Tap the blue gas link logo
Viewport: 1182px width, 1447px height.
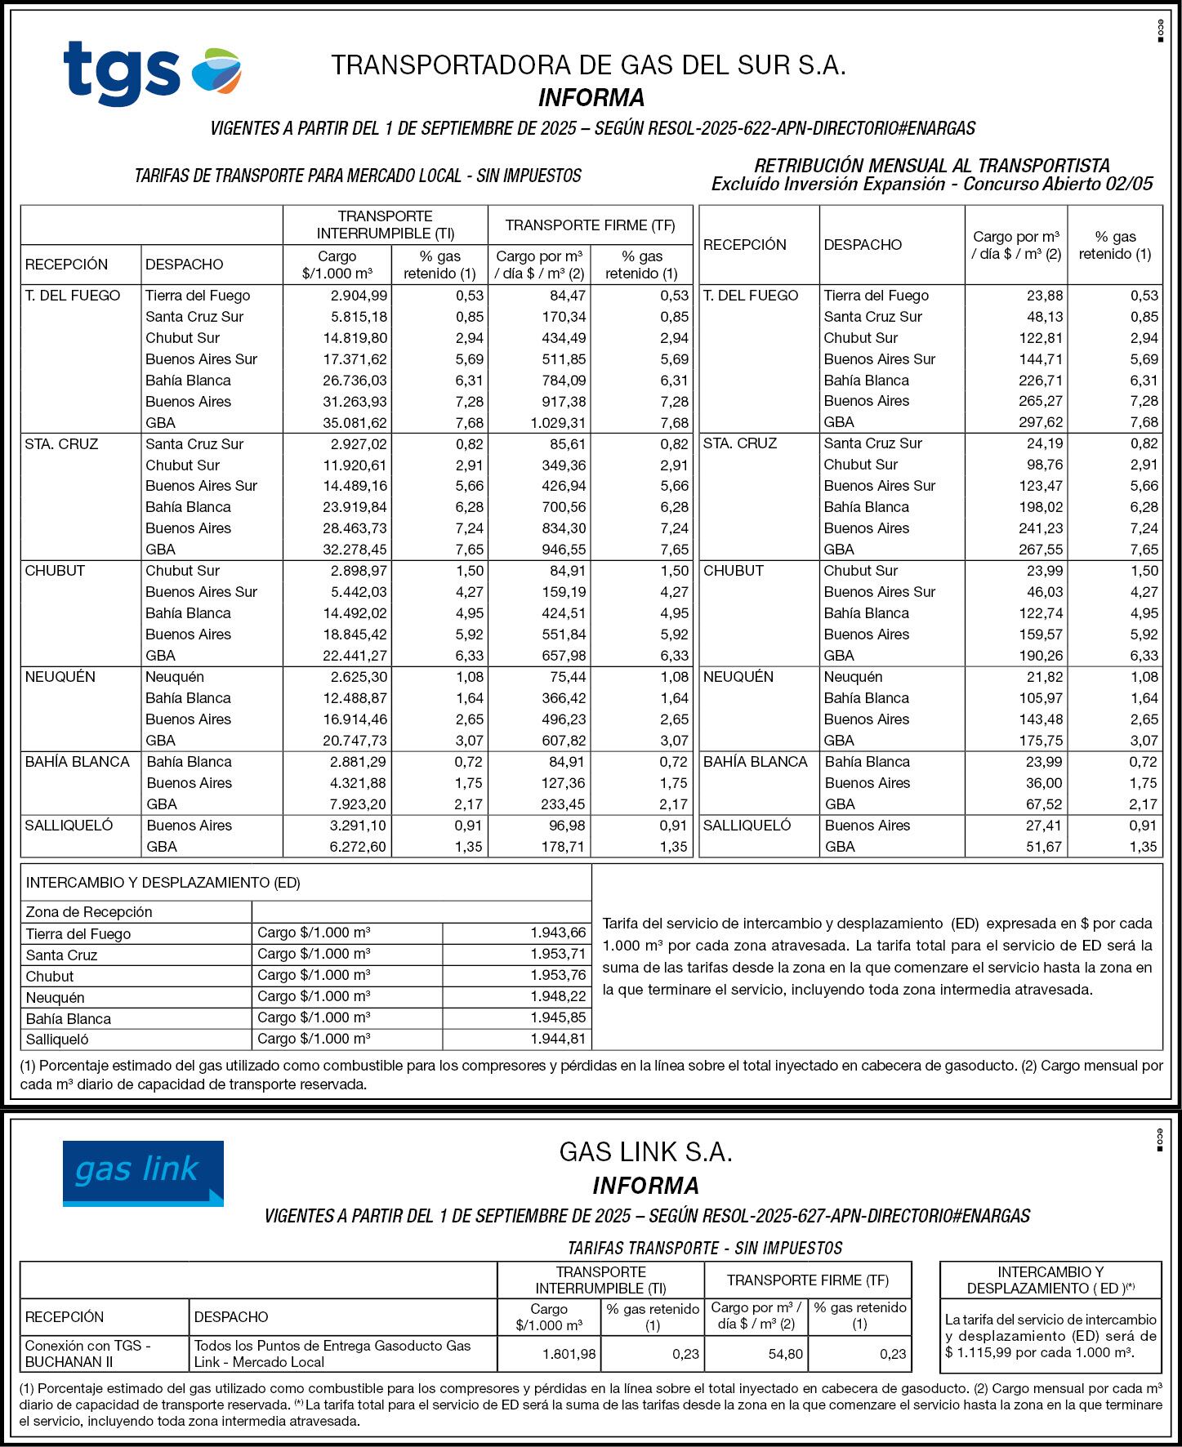tap(143, 1173)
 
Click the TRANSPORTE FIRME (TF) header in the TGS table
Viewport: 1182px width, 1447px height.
tap(590, 225)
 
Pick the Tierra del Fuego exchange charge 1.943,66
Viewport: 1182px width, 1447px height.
tap(558, 933)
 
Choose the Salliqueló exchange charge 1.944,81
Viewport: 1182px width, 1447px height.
tap(558, 1039)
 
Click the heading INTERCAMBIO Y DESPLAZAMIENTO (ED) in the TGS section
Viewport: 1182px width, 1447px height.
tap(163, 883)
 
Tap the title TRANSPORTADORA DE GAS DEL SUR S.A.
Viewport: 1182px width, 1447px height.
tap(588, 65)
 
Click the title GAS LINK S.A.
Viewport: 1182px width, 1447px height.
tap(645, 1152)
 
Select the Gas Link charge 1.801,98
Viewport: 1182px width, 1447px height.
tap(569, 1354)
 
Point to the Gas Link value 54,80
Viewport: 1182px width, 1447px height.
tap(785, 1354)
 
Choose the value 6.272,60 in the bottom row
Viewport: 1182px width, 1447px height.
tap(357, 847)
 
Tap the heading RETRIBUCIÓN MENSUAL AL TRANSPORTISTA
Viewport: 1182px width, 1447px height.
tap(932, 166)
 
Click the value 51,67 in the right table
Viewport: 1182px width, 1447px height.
tap(1043, 847)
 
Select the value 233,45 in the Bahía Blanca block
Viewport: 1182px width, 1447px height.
tap(564, 804)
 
